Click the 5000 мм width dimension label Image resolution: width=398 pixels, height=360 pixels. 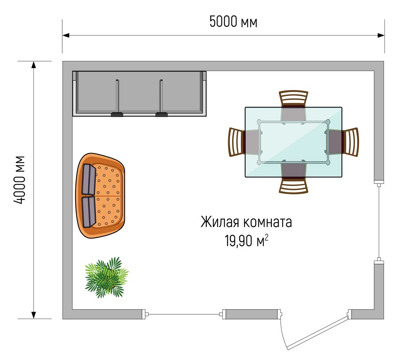[x=233, y=21]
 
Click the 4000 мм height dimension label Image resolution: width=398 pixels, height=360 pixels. [x=20, y=180]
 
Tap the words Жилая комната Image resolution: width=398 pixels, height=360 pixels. [x=246, y=222]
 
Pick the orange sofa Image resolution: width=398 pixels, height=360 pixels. [x=100, y=196]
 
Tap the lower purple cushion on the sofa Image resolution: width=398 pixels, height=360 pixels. [x=89, y=212]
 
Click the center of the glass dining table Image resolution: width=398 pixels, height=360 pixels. [x=293, y=142]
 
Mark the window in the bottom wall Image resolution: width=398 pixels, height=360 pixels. [x=184, y=314]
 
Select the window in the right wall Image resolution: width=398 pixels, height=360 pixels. [x=379, y=222]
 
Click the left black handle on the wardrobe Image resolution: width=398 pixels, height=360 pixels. [x=117, y=114]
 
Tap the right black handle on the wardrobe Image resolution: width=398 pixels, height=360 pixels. [x=162, y=114]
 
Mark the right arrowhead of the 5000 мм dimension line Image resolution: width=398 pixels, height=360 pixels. [x=381, y=35]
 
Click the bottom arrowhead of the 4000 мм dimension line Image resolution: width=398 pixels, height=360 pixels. [x=33, y=315]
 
